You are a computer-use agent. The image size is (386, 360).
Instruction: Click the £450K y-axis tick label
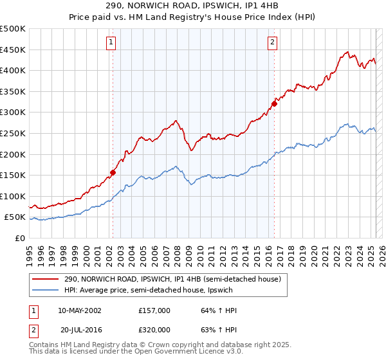[13, 50]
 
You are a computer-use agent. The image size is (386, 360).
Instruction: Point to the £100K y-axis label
[13, 196]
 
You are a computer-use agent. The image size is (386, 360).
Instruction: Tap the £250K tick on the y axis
[13, 133]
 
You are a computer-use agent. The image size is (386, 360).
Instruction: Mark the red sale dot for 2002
[113, 172]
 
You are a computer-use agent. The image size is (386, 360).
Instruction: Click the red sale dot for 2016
[274, 104]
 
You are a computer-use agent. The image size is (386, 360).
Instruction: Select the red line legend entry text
[172, 280]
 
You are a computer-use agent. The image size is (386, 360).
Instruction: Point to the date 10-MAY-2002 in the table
[79, 310]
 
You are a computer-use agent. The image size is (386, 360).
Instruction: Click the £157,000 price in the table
[154, 310]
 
